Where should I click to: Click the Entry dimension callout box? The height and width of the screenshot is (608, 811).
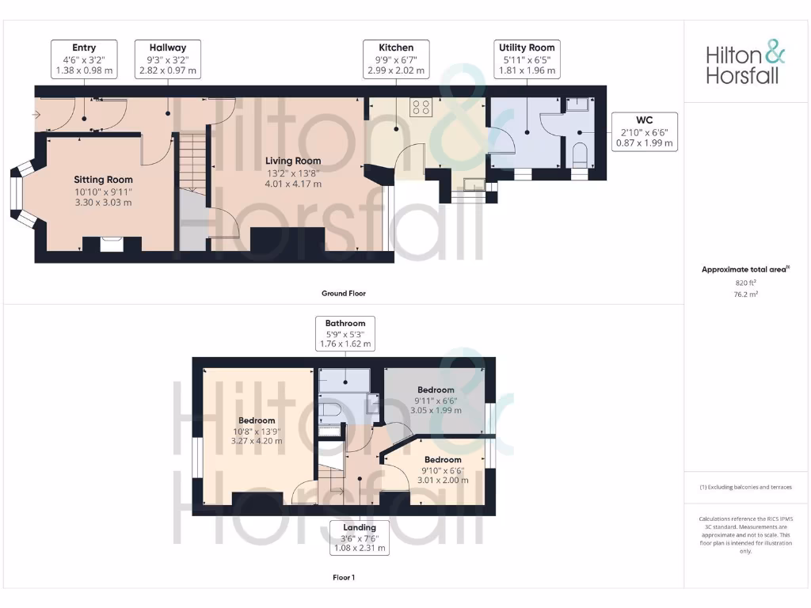click(84, 59)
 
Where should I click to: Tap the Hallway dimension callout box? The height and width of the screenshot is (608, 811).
click(167, 59)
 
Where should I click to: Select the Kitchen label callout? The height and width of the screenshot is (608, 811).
click(396, 59)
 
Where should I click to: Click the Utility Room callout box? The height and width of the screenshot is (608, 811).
click(527, 59)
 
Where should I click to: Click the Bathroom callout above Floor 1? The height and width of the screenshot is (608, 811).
click(345, 334)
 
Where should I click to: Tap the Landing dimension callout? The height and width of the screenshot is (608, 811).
click(360, 538)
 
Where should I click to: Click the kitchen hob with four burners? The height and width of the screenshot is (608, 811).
click(421, 107)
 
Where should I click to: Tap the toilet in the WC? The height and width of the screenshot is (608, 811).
click(580, 154)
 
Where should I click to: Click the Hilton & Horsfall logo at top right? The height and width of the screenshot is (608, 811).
click(745, 64)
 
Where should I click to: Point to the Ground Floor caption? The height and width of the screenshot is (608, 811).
click(344, 294)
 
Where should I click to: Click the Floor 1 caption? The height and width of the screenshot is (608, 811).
click(344, 578)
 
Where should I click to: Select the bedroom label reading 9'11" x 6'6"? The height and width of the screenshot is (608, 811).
click(436, 401)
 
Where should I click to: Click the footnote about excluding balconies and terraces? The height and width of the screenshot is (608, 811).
click(745, 487)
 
